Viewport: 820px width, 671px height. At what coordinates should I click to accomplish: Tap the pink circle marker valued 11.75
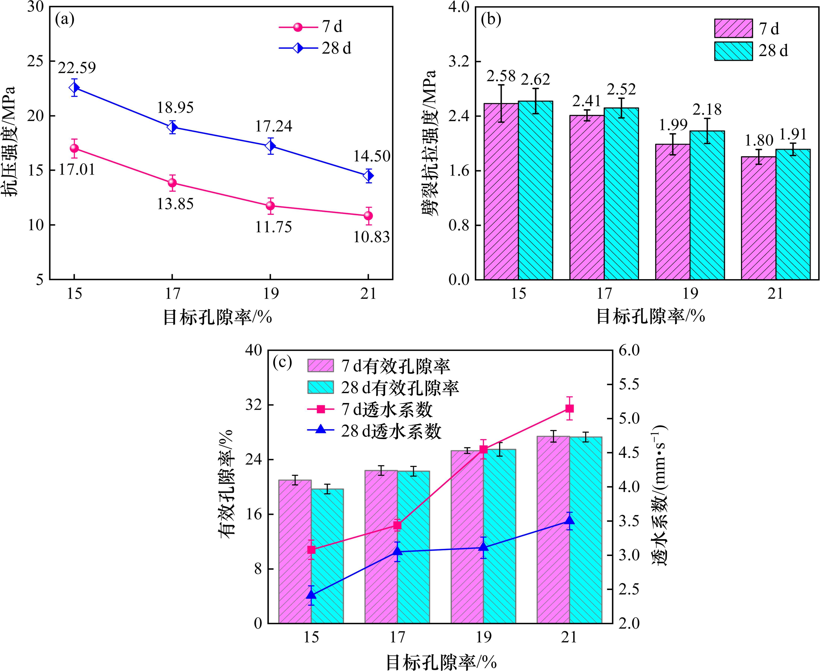tap(270, 206)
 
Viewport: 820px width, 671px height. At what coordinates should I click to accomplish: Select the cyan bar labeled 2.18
tap(707, 205)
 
